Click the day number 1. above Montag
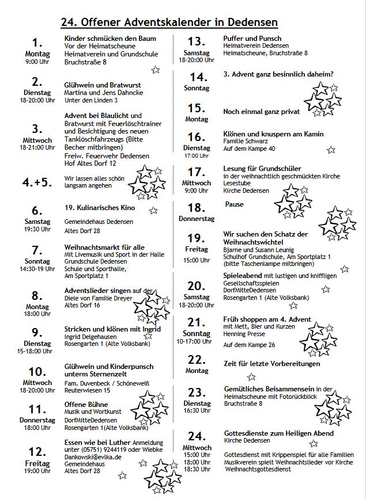pyautogui.click(x=38, y=43)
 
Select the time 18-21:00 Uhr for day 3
pyautogui.click(x=37, y=147)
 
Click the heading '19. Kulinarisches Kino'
pyautogui.click(x=100, y=207)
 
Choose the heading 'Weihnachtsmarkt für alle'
pyautogui.click(x=104, y=247)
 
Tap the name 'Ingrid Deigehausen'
pyautogui.click(x=90, y=337)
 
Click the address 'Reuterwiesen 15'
pyautogui.click(x=87, y=390)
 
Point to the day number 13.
pyautogui.click(x=197, y=41)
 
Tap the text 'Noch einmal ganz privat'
pyautogui.click(x=262, y=111)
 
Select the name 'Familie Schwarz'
pyautogui.click(x=245, y=141)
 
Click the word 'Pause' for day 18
pyautogui.click(x=235, y=204)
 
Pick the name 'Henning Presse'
pyautogui.click(x=243, y=334)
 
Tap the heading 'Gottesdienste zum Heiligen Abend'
pyautogui.click(x=278, y=432)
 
